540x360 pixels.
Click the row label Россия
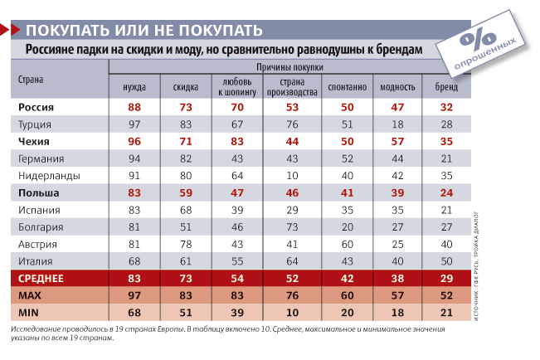coord(36,107)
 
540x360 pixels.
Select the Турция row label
coord(36,124)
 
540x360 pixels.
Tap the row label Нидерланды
coord(49,176)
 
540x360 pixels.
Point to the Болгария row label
coord(41,227)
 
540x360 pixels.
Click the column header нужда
coord(134,87)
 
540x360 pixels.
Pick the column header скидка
coord(186,87)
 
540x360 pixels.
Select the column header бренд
coord(446,87)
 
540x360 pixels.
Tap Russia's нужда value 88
coord(134,107)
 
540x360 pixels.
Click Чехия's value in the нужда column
coord(134,141)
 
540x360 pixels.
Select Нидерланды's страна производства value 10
coord(292,176)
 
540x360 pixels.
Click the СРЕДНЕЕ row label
coord(41,279)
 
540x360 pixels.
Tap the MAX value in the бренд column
coord(446,296)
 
